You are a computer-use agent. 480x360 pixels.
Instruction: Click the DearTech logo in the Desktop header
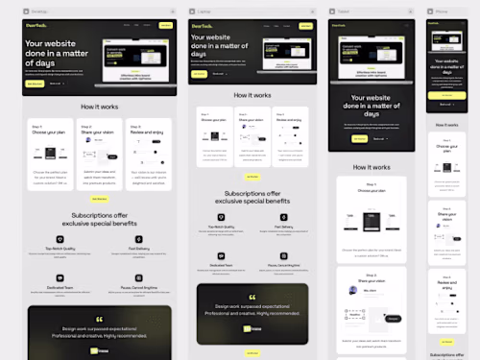tap(35, 24)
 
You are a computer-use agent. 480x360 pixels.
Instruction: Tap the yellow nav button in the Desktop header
tap(167, 24)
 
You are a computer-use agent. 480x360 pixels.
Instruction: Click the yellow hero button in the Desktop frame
tap(36, 84)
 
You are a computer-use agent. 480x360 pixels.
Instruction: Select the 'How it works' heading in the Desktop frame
tap(100, 107)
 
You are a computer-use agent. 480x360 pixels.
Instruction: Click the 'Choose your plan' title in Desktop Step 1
tap(47, 132)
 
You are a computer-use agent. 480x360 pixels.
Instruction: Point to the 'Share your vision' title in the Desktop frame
tap(97, 132)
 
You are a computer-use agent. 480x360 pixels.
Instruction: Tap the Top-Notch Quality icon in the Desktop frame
tap(60, 237)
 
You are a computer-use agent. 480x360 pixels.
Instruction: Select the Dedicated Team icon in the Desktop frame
tap(60, 276)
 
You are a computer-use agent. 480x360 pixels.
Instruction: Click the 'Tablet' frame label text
tap(344, 11)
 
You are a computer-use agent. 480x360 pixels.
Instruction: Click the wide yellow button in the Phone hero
tap(446, 94)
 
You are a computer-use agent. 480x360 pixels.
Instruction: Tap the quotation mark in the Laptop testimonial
tap(252, 298)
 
